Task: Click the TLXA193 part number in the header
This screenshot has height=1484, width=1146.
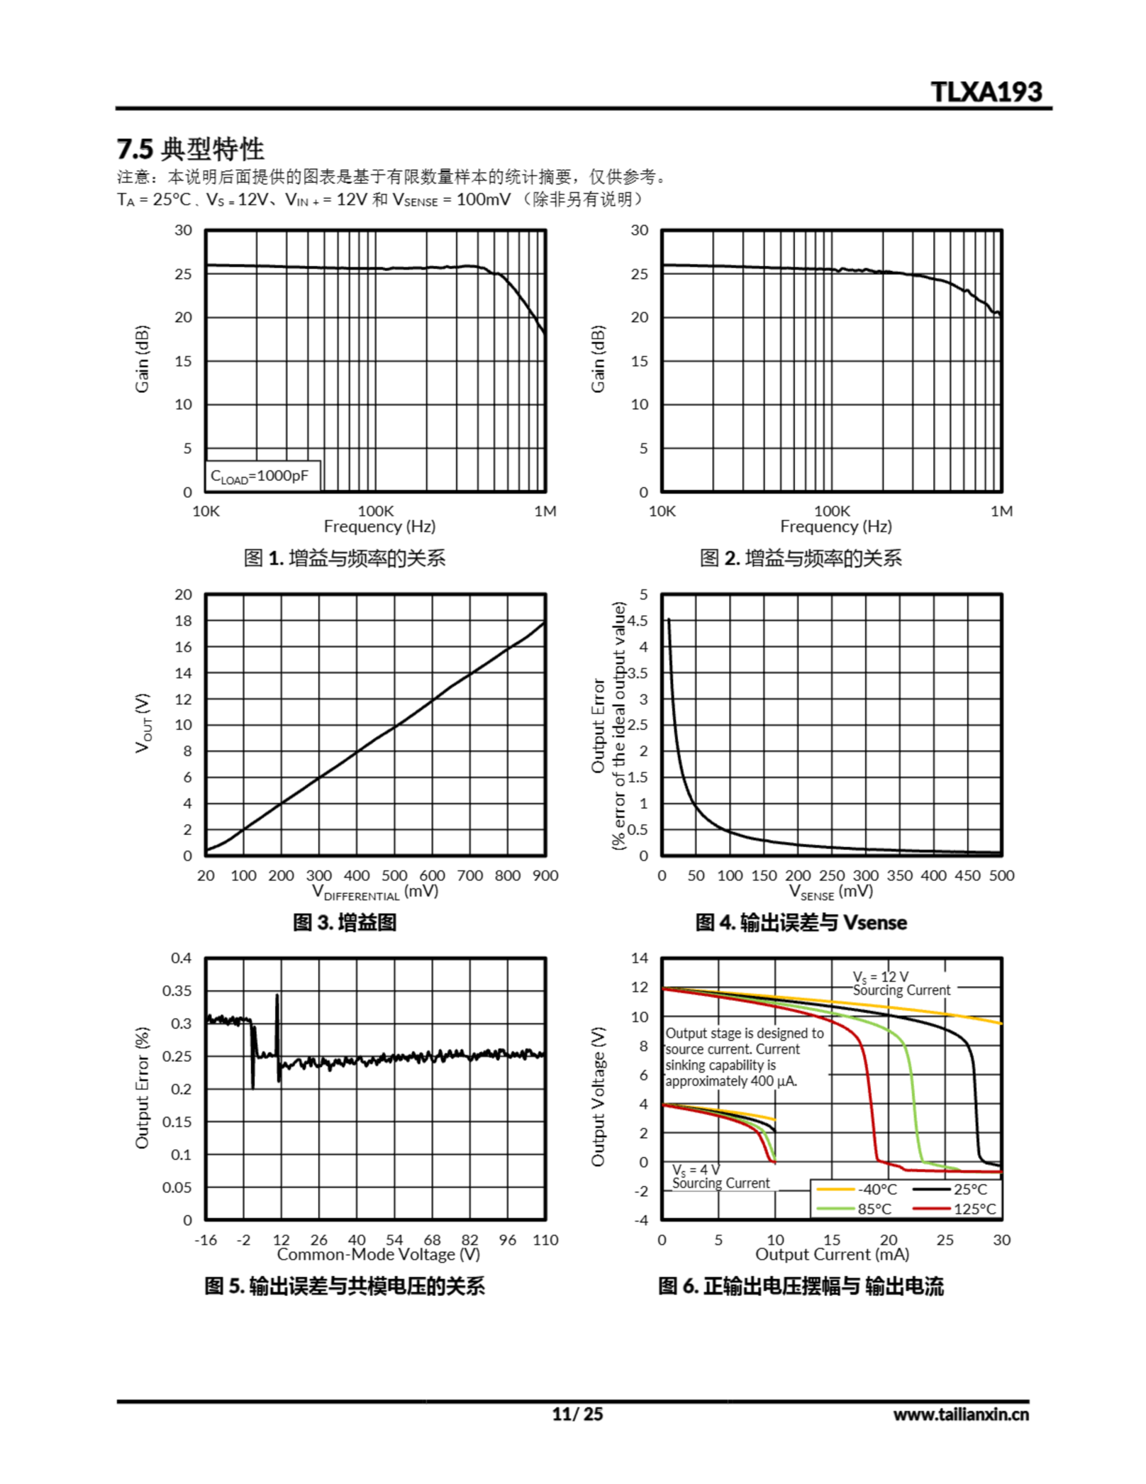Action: click(986, 92)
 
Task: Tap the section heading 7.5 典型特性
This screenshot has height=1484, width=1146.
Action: click(190, 148)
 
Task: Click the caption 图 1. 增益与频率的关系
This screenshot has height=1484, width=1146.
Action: click(344, 559)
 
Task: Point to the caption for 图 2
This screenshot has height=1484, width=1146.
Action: click(801, 559)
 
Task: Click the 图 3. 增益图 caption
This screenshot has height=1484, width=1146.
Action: click(344, 923)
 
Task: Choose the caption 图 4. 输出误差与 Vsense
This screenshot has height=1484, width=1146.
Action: click(801, 923)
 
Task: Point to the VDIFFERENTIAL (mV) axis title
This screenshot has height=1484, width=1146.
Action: click(375, 892)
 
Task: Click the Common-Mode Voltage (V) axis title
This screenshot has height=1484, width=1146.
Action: click(378, 1254)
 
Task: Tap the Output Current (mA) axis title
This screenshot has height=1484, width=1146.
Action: click(832, 1254)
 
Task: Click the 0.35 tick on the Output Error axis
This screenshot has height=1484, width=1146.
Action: click(177, 991)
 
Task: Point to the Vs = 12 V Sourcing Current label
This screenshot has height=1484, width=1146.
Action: click(901, 984)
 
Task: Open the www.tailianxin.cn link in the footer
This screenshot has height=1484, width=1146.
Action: click(961, 1414)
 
